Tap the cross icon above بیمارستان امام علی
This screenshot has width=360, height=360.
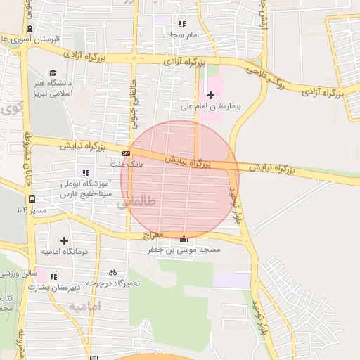pyautogui.click(x=210, y=95)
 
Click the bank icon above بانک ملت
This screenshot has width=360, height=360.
pyautogui.click(x=126, y=153)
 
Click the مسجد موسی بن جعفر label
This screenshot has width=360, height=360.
pyautogui.click(x=184, y=249)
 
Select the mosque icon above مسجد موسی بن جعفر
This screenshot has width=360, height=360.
pyautogui.click(x=184, y=238)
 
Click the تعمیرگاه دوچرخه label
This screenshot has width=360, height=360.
pyautogui.click(x=113, y=283)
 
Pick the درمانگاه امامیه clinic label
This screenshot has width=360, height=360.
pyautogui.click(x=64, y=251)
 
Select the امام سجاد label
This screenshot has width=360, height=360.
pyautogui.click(x=183, y=34)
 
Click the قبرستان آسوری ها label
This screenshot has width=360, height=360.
pyautogui.click(x=32, y=39)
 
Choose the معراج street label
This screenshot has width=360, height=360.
pyautogui.click(x=153, y=234)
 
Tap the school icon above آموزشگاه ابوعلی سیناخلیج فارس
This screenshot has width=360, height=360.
pyautogui.click(x=86, y=173)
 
